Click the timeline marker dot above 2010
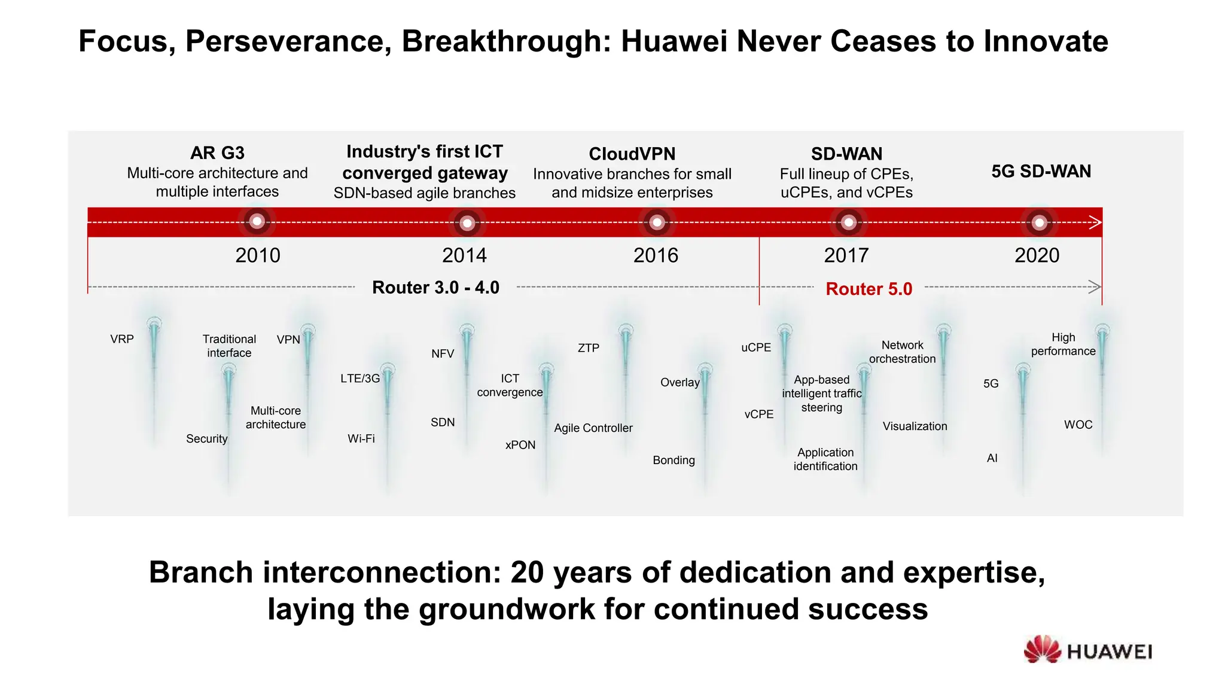click(257, 221)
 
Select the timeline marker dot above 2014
click(467, 223)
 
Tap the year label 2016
click(656, 255)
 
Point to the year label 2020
click(1037, 255)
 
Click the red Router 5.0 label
click(869, 289)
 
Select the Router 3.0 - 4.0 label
click(435, 288)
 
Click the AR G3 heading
click(217, 153)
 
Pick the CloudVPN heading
click(632, 154)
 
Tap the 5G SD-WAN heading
click(1041, 172)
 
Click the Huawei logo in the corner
click(1087, 650)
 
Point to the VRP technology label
click(122, 339)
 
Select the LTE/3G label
click(360, 379)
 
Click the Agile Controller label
click(593, 428)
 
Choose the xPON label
click(520, 445)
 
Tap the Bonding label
click(674, 461)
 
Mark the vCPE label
click(758, 414)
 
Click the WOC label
click(1078, 425)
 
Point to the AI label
click(992, 458)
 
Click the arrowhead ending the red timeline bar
click(1095, 222)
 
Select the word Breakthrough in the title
click(506, 41)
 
